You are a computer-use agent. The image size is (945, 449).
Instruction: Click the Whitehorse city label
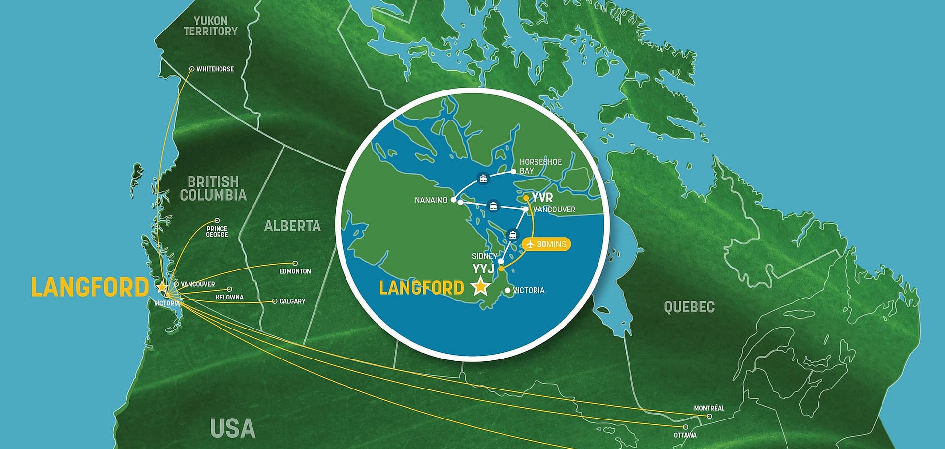click(x=215, y=69)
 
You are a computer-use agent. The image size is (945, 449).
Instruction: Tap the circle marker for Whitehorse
click(x=192, y=69)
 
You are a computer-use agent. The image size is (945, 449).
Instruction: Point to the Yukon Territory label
click(x=211, y=26)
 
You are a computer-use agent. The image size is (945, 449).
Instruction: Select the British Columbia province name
click(x=213, y=188)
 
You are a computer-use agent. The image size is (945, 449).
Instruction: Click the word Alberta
click(x=292, y=226)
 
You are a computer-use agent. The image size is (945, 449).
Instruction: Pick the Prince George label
click(x=217, y=232)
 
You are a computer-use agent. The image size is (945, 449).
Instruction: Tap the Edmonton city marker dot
click(x=295, y=264)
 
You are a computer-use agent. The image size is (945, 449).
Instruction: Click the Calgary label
click(x=292, y=301)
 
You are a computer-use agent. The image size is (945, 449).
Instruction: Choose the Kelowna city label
click(x=229, y=298)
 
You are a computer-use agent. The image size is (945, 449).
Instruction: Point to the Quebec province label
click(x=689, y=307)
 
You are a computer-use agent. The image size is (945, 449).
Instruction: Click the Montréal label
click(x=709, y=408)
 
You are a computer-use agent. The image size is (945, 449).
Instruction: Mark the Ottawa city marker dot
click(x=686, y=427)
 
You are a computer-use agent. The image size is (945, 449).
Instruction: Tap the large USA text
click(x=233, y=428)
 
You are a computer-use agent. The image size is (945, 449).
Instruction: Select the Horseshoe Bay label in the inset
click(x=540, y=166)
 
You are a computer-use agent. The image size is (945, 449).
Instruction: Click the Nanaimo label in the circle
click(x=431, y=200)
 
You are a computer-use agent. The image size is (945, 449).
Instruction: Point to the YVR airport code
click(x=542, y=198)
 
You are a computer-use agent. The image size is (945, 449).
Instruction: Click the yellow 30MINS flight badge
click(x=547, y=244)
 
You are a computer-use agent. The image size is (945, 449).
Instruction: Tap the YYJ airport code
click(x=483, y=269)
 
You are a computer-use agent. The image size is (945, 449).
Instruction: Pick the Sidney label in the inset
click(x=484, y=256)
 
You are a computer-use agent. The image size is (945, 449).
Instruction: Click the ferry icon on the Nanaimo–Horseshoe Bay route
click(x=483, y=179)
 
